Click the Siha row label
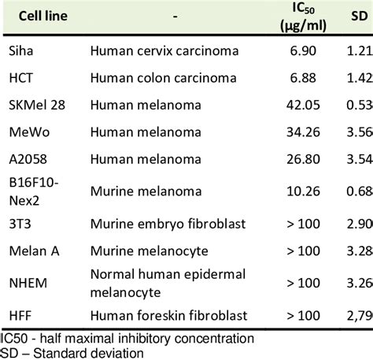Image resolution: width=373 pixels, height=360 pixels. (x=22, y=50)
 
